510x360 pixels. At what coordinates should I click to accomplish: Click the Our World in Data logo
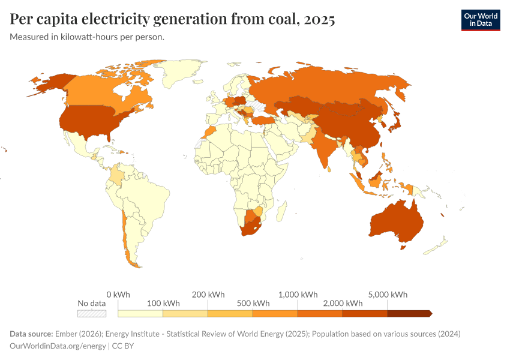pyautogui.click(x=480, y=20)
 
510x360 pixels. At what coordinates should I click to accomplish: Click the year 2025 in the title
pyautogui.click(x=320, y=19)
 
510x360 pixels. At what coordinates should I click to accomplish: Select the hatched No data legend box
pyautogui.click(x=92, y=313)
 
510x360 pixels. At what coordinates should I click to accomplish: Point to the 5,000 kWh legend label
pyautogui.click(x=387, y=295)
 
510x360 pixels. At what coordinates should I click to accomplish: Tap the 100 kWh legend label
pyautogui.click(x=163, y=303)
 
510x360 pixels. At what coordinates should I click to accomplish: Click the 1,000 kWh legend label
pyautogui.click(x=298, y=295)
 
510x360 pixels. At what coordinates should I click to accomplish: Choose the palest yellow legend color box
pyautogui.click(x=140, y=313)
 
